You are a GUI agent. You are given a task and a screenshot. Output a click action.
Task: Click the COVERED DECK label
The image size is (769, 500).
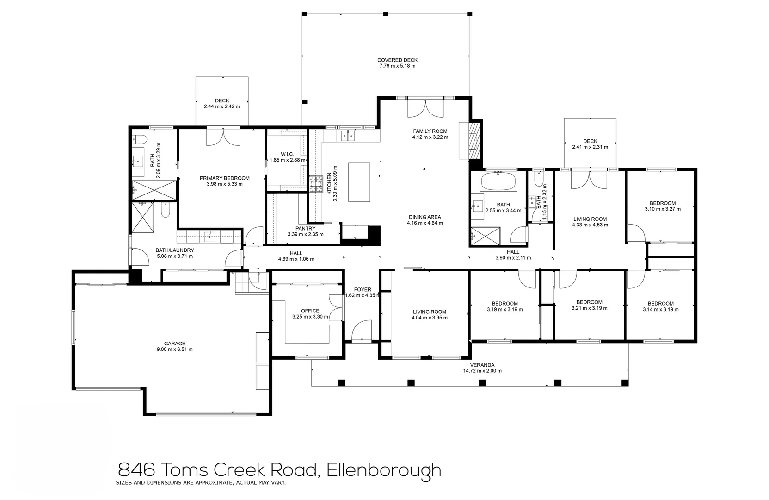(x=397, y=60)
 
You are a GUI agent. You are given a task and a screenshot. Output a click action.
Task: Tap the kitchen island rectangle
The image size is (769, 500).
(x=359, y=182)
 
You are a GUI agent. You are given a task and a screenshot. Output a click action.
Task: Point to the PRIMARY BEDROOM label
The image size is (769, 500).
(x=224, y=178)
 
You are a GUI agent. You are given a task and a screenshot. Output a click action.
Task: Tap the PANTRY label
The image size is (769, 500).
(x=305, y=229)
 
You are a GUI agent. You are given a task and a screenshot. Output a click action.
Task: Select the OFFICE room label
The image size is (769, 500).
(x=310, y=311)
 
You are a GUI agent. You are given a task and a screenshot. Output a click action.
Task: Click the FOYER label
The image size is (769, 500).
(x=363, y=290)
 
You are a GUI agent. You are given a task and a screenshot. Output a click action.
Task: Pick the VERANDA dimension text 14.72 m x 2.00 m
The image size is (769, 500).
(x=482, y=371)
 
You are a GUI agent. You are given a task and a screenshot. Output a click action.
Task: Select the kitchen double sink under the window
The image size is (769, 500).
(x=347, y=136)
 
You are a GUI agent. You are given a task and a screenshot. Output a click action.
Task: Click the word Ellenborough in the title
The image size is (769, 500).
(x=384, y=470)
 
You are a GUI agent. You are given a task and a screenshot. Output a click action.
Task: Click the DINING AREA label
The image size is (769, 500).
(x=424, y=217)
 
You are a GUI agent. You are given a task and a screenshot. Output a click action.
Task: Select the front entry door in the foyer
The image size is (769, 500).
(x=361, y=331)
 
